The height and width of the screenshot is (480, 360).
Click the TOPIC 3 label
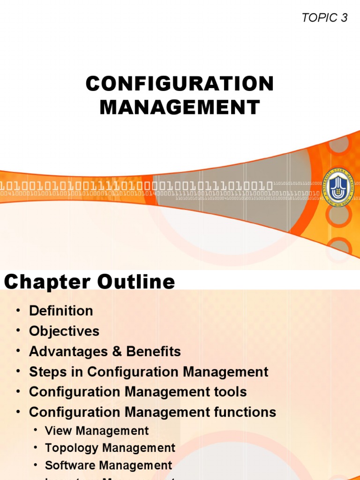pos(325,18)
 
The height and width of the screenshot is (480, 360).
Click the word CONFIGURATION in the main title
pos(180,84)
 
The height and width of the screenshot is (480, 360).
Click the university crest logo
pos(338,186)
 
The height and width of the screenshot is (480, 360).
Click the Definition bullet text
pos(61,311)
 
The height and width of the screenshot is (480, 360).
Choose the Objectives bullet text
pos(64,331)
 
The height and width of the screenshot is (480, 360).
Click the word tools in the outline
pos(230,392)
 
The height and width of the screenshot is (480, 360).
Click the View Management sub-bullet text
pos(97,431)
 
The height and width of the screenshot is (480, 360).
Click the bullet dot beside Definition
pos(18,311)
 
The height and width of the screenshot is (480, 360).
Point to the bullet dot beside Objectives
pos(18,331)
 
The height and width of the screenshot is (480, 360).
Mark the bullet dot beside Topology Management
pos(36,448)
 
